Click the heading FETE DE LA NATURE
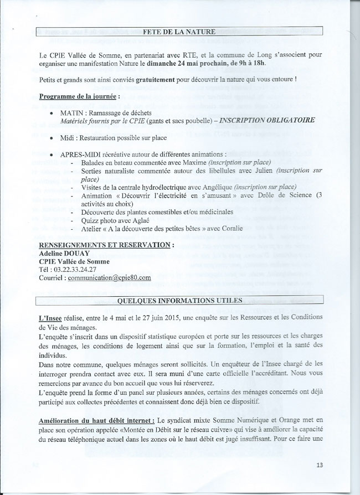[179, 32]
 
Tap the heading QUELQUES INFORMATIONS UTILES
[179, 300]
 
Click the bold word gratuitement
[132, 79]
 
